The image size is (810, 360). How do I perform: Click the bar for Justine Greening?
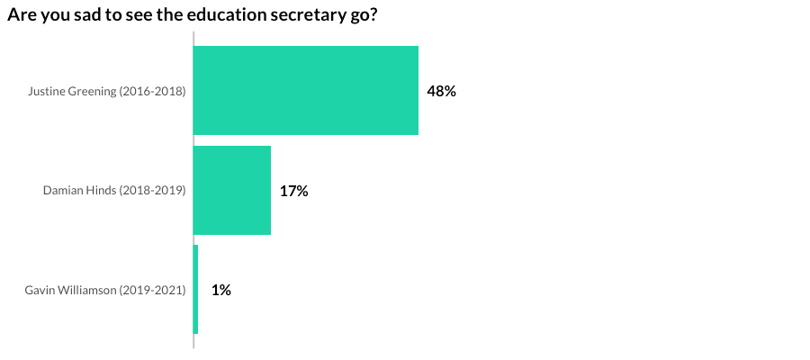pos(306,90)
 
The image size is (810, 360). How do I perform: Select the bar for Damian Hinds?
pos(232,190)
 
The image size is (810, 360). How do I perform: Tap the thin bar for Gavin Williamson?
pos(195,289)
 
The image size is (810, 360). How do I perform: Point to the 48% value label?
pos(441,91)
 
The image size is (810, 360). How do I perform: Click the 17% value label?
pos(293,191)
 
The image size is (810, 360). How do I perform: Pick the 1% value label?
pos(221,290)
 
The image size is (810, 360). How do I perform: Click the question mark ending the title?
pos(371,16)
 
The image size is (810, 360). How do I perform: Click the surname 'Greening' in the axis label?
pos(93,92)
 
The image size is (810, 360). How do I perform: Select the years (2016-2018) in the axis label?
pos(153,92)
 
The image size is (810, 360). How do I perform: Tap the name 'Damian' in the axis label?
pos(63,191)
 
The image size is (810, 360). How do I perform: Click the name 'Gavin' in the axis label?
pos(40,290)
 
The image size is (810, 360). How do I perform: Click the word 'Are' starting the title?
pos(19,16)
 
